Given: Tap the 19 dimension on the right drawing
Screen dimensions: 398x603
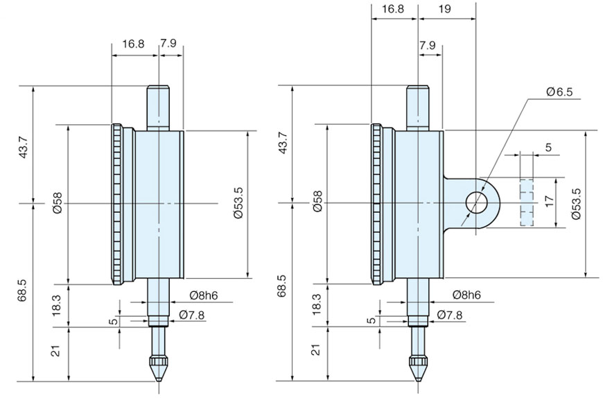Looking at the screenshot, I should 446,9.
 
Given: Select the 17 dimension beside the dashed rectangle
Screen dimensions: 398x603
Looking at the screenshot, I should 549,201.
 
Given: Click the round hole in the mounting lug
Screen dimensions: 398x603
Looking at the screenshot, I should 478,202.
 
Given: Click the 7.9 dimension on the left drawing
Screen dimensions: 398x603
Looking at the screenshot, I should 168,44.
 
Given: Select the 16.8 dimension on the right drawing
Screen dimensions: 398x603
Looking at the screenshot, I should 392,9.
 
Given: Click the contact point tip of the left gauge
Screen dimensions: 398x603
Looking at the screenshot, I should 159,374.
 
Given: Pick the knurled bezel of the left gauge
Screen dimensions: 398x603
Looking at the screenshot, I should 119,203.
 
